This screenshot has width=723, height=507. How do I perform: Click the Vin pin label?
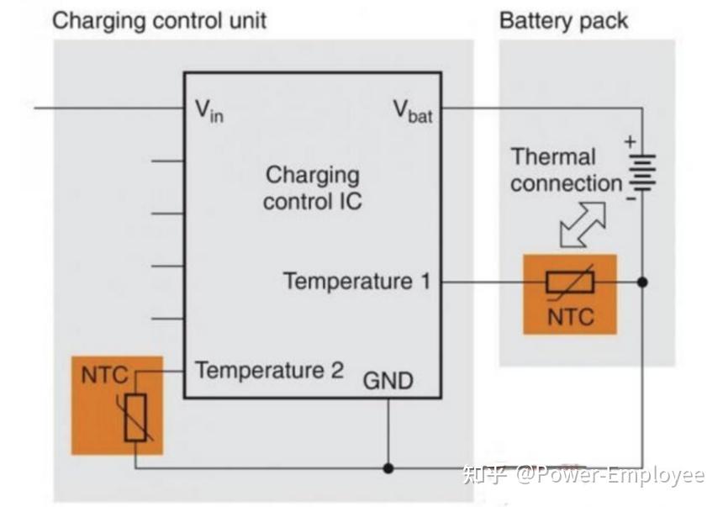(209, 111)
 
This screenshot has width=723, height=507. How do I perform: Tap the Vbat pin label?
(413, 111)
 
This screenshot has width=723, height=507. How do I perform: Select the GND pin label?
(388, 381)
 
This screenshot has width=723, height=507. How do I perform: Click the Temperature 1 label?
(356, 281)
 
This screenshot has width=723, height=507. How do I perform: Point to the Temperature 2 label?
(270, 370)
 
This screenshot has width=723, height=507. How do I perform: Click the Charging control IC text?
(313, 188)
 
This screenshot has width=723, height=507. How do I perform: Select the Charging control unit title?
(159, 21)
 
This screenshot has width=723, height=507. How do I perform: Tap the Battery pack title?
(563, 21)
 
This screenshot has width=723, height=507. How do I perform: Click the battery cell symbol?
(642, 172)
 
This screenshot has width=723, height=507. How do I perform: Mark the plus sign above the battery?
(630, 141)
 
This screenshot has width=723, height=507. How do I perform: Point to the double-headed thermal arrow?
(583, 224)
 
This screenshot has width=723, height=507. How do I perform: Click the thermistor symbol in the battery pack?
(570, 282)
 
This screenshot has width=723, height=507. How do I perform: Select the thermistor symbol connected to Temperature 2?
(135, 417)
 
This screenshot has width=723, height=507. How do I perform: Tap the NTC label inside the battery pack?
(570, 317)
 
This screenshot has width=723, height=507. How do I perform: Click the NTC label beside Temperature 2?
(104, 375)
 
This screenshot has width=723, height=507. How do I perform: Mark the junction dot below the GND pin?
(388, 468)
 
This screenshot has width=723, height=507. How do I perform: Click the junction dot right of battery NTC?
(642, 282)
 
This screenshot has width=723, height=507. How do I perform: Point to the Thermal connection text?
(567, 170)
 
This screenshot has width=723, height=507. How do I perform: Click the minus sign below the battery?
(631, 198)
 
